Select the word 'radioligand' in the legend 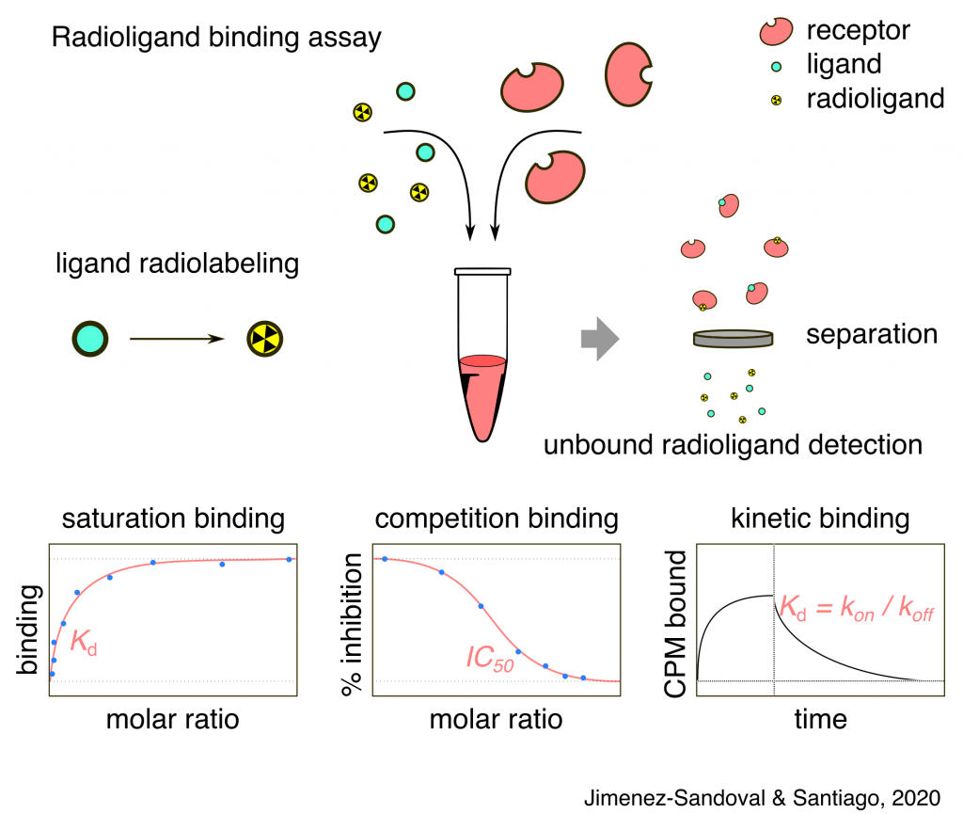tap(875, 98)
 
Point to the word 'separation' tap(871, 334)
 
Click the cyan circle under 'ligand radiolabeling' tap(91, 337)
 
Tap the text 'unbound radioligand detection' tap(733, 443)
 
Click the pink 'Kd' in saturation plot tap(84, 646)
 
